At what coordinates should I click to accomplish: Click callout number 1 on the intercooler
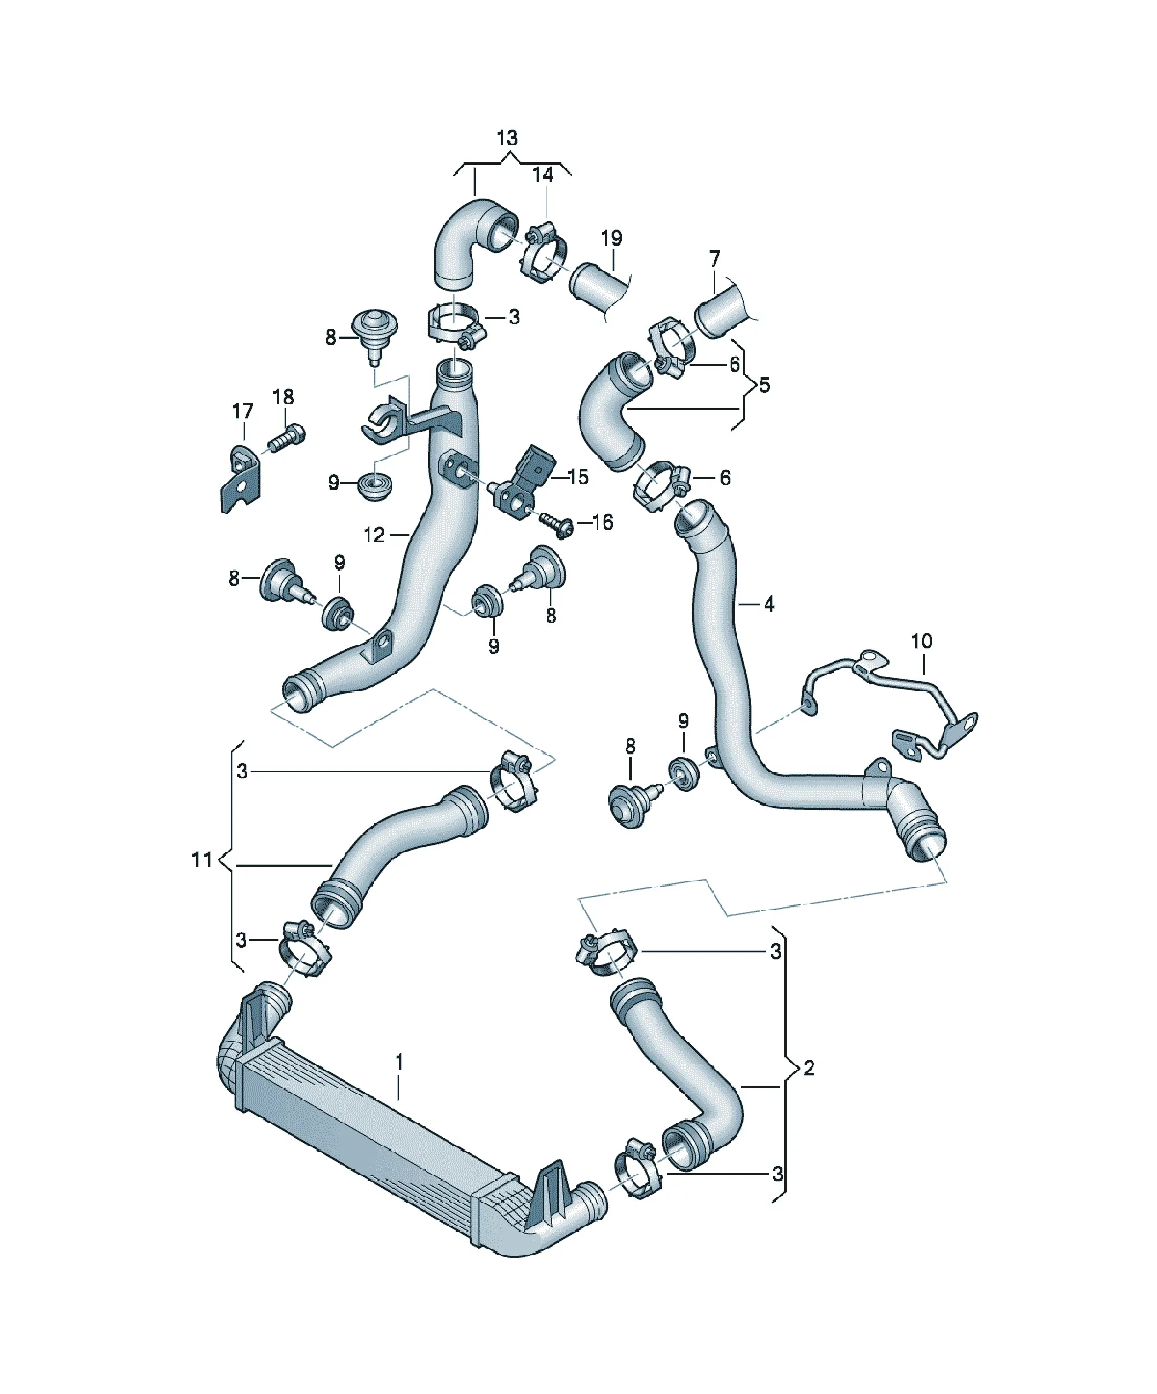coord(399,1063)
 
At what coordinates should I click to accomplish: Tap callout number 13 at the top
coord(507,138)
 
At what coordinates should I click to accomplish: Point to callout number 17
coord(243,412)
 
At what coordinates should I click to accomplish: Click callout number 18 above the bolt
coord(283,397)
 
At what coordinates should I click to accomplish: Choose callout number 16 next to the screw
coord(602,522)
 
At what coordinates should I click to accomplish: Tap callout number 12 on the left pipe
coord(374,534)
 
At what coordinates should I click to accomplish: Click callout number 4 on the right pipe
coord(769,604)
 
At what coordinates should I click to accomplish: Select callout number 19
coord(611,238)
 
